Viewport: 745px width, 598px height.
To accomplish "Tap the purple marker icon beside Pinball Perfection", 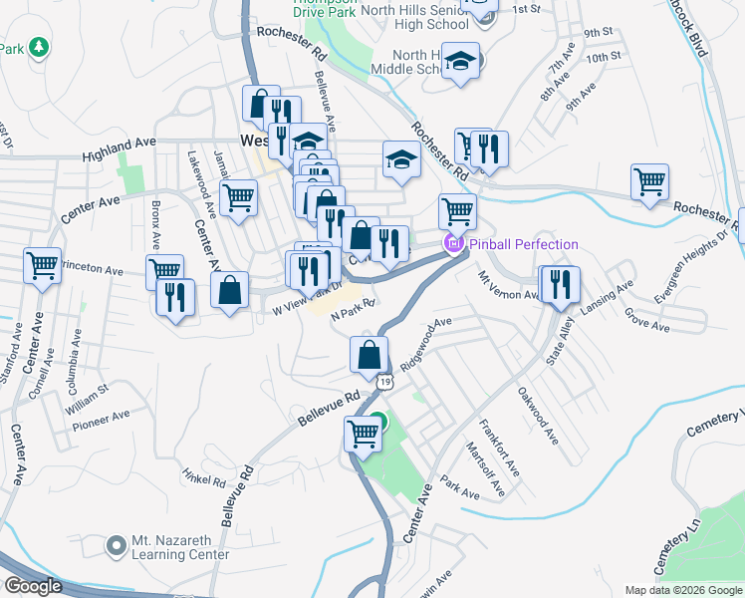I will (453, 242).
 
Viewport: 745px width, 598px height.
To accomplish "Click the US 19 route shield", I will (385, 380).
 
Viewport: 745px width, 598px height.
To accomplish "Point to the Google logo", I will (32, 586).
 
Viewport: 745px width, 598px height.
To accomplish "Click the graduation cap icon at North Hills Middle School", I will (460, 61).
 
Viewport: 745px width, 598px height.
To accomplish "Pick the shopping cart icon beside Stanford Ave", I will (43, 266).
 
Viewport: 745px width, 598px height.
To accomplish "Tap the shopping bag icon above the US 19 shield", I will (369, 354).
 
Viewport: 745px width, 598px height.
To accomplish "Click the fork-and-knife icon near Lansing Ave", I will (560, 284).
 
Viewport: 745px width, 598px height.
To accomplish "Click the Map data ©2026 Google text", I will (682, 590).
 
